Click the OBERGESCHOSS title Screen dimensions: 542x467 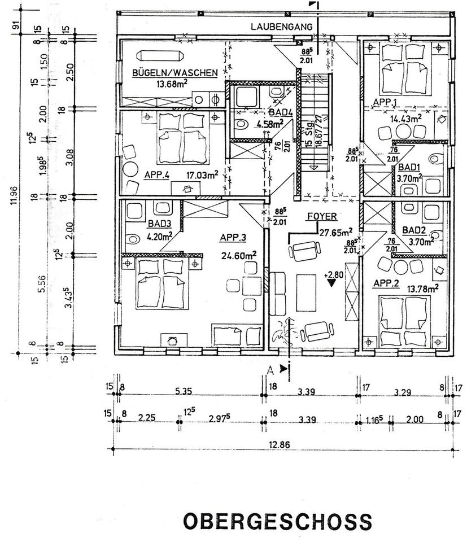tap(277, 521)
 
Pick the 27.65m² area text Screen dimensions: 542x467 tap(336, 231)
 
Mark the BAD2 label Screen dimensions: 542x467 tap(414, 230)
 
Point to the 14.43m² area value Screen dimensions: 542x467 tap(407, 119)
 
